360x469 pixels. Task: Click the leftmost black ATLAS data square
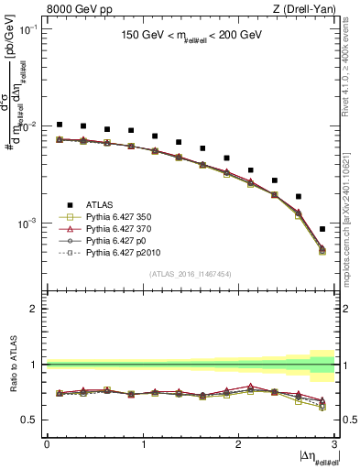pos(60,125)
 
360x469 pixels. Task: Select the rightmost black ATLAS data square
pos(322,229)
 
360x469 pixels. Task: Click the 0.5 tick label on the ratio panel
pos(32,420)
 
